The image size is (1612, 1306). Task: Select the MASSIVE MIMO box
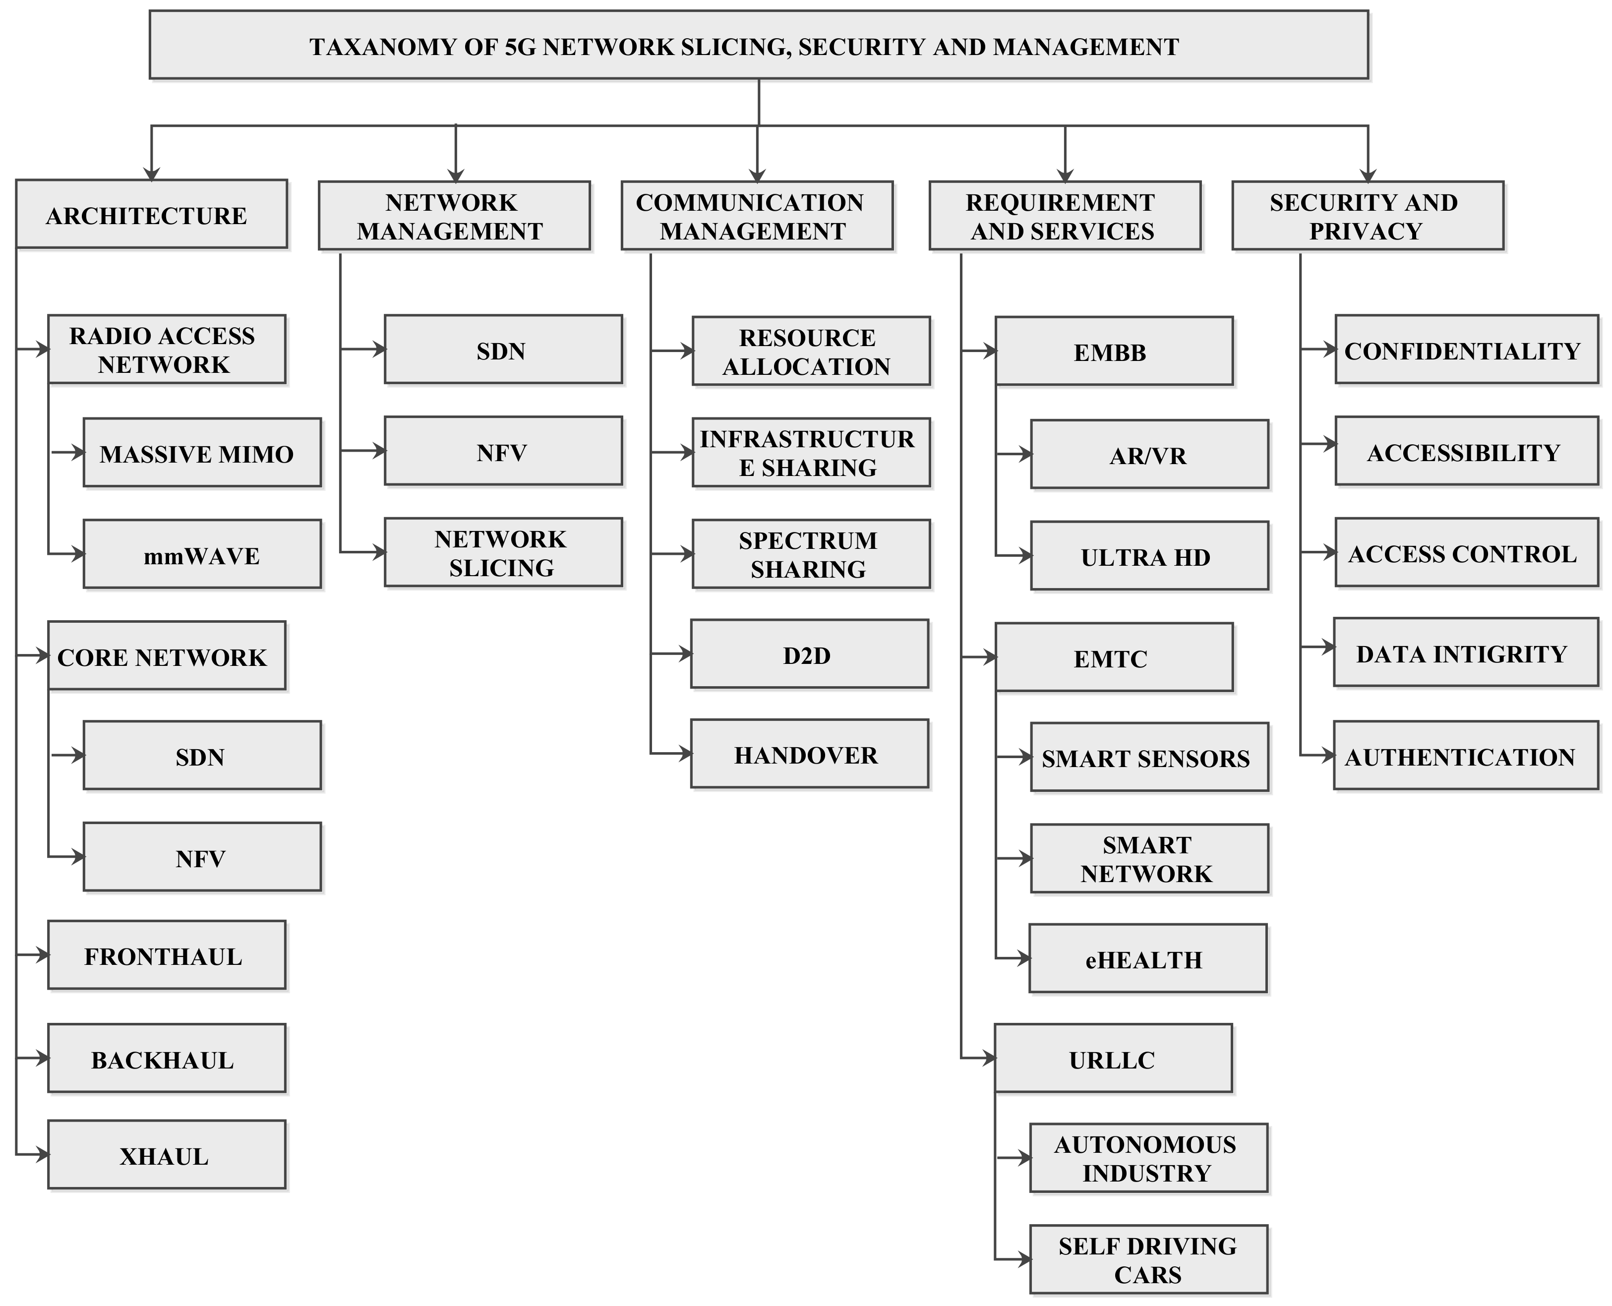202,453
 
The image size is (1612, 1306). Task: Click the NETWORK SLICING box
502,552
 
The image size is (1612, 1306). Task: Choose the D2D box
809,654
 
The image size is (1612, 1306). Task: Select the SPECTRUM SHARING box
811,554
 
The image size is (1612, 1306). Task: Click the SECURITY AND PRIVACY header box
1367,215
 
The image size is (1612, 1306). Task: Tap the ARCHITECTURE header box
151,214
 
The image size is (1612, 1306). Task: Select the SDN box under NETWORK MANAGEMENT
502,350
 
